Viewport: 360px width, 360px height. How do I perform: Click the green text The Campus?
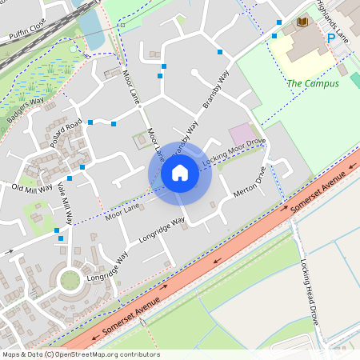[313, 83]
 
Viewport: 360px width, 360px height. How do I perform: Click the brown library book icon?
[302, 22]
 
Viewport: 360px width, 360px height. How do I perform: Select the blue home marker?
[180, 173]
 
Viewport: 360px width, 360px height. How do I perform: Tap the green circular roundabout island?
[70, 280]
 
